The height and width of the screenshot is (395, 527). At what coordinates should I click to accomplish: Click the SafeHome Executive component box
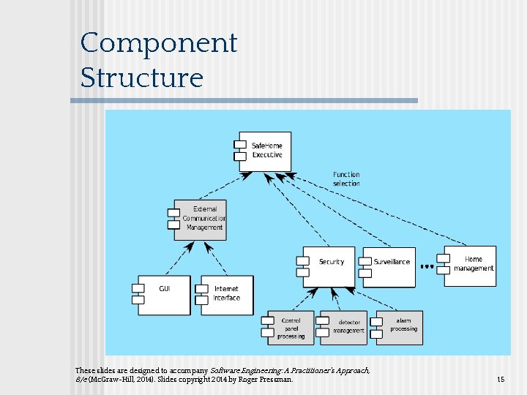[x=265, y=151]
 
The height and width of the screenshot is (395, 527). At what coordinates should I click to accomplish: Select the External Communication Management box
[x=201, y=219]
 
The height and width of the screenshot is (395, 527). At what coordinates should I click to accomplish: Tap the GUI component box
[x=164, y=294]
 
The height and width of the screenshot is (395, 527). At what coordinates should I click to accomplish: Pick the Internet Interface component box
[x=226, y=294]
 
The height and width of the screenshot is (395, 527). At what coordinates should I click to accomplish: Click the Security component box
[x=329, y=266]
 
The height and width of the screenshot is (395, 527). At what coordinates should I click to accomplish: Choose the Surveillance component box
[x=389, y=266]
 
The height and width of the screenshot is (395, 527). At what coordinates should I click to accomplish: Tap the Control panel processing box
[x=291, y=328]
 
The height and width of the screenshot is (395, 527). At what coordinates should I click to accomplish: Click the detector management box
[x=348, y=328]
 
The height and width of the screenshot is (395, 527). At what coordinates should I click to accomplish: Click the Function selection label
[x=346, y=178]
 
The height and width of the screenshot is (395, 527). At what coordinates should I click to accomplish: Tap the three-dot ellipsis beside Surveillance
[x=427, y=267]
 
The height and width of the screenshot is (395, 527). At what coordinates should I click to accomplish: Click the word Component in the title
[x=159, y=43]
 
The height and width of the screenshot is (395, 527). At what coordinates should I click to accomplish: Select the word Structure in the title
[x=141, y=78]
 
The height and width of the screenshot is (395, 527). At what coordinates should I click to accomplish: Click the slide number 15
[x=501, y=380]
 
